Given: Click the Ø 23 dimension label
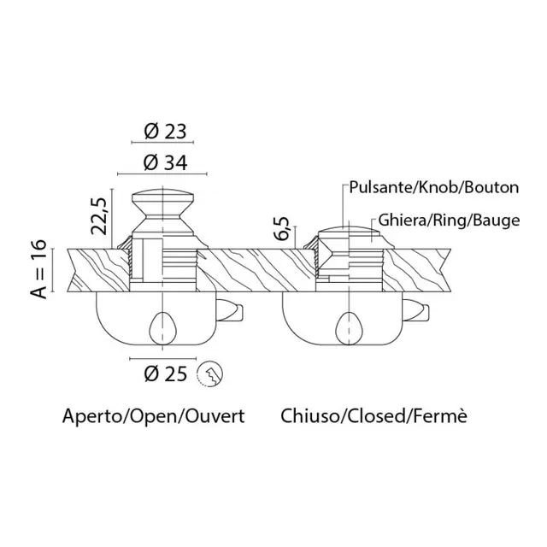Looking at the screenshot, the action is coord(165,131).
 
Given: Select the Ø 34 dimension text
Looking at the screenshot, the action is coord(165,162).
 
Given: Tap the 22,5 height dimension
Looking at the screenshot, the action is coord(98,216).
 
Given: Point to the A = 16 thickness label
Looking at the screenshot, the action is coord(38,268).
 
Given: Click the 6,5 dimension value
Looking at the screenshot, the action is coord(281,228).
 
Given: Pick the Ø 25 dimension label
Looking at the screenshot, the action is coord(165,373).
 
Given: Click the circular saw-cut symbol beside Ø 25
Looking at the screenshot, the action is coord(210,374).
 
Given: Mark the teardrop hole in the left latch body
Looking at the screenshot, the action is coord(163,328).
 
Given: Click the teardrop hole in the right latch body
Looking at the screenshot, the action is coord(350,328).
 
